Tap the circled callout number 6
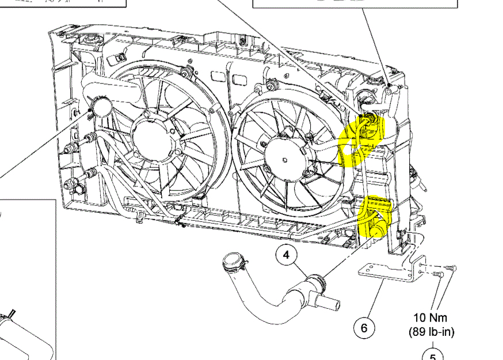[364, 328]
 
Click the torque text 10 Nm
[430, 317]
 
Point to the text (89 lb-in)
[432, 332]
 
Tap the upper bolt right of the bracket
[451, 267]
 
